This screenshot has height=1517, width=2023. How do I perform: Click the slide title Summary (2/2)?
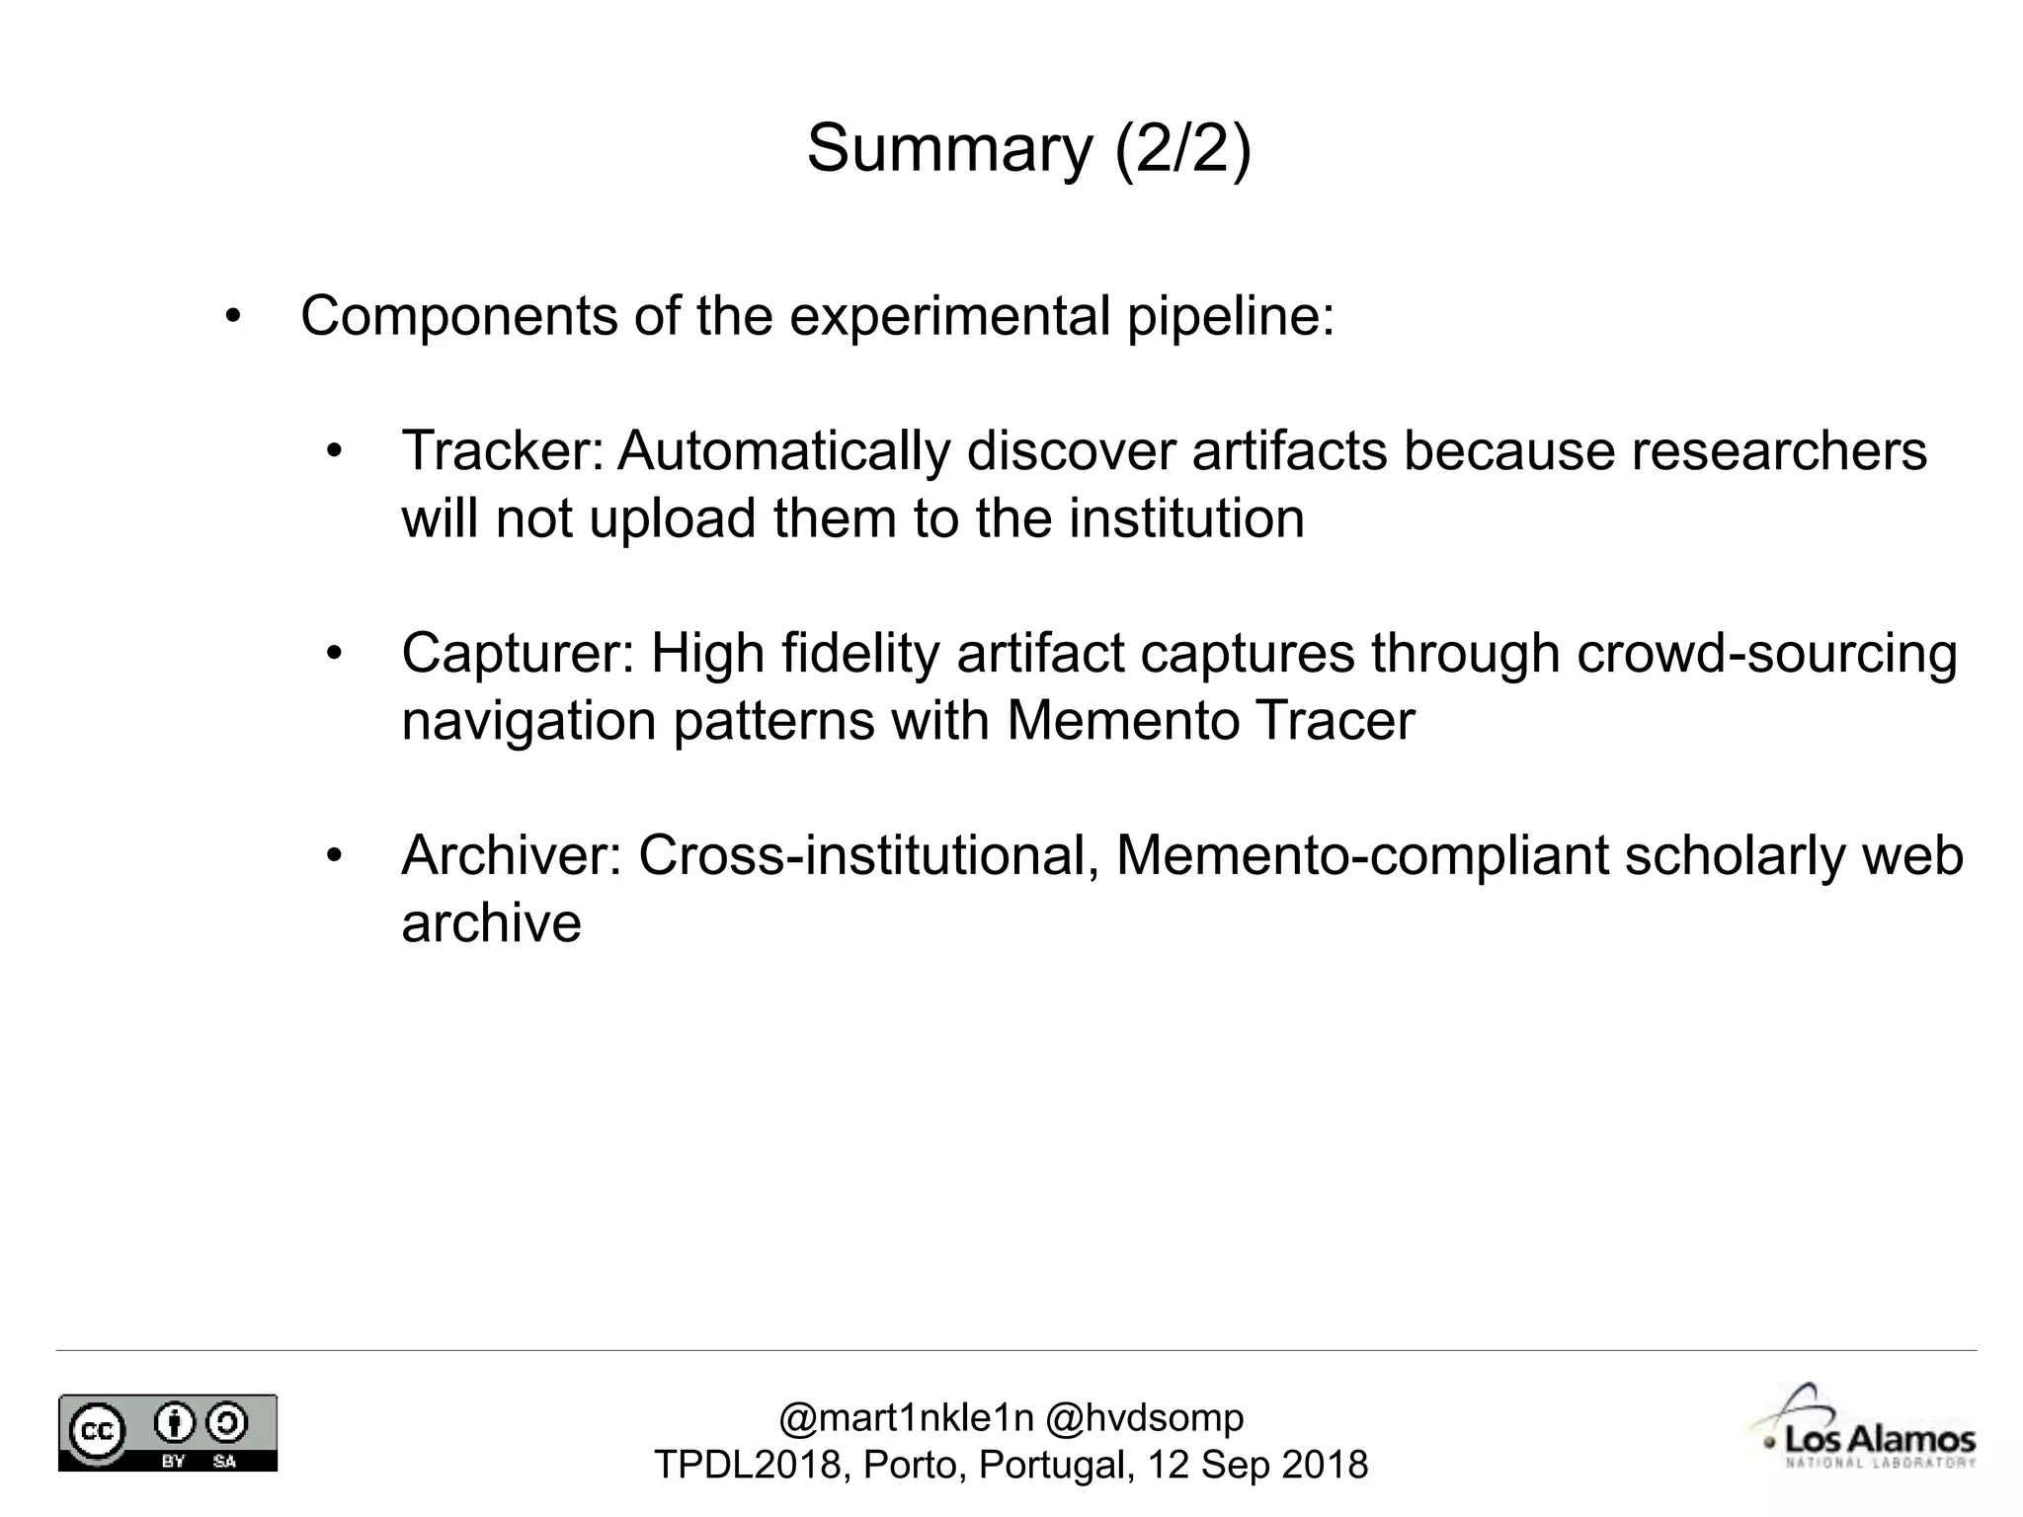1028,149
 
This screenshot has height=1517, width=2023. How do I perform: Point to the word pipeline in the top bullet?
1231,317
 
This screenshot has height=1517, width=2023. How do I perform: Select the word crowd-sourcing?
1766,654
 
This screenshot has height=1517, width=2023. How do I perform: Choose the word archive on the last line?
491,923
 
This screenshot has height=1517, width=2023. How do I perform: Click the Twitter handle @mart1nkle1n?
906,1418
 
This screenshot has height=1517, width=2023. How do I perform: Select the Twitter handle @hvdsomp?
1144,1418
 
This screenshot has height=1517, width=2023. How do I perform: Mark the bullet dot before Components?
232,318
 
